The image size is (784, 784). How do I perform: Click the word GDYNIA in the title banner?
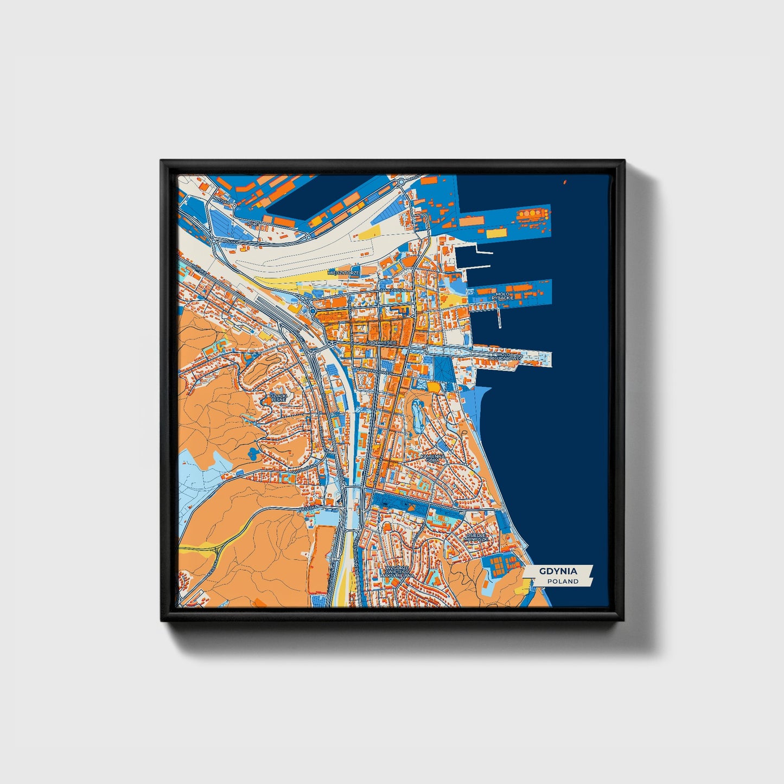pyautogui.click(x=558, y=571)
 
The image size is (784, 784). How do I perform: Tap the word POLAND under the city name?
pyautogui.click(x=563, y=581)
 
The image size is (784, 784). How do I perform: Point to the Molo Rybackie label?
pyautogui.click(x=502, y=296)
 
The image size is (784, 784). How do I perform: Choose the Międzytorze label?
pyautogui.click(x=344, y=272)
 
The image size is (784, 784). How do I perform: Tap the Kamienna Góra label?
pyautogui.click(x=432, y=458)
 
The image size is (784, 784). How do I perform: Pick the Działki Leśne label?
pyautogui.click(x=278, y=397)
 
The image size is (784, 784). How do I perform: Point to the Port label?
pyautogui.click(x=252, y=223)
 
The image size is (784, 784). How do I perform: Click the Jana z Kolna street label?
pyautogui.click(x=393, y=290)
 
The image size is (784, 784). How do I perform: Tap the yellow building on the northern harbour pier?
pyautogui.click(x=495, y=233)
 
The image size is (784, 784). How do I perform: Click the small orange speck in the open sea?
pyautogui.click(x=565, y=182)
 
